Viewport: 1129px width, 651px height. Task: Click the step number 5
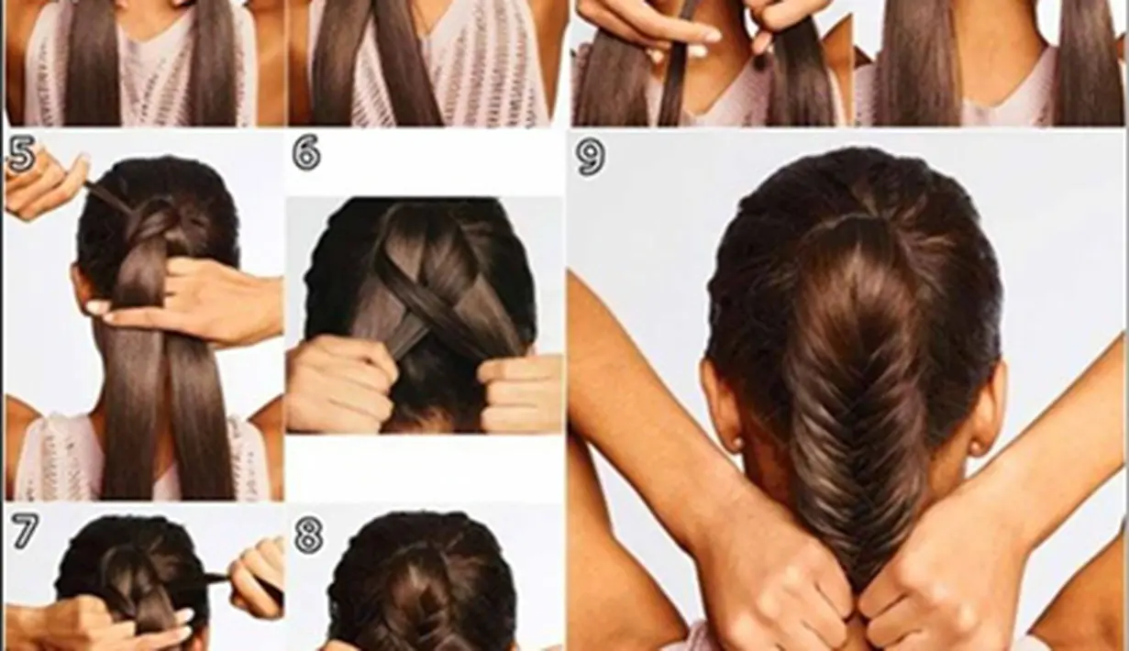point(21,154)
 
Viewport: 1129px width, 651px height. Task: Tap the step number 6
point(306,151)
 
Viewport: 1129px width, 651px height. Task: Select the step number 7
point(25,530)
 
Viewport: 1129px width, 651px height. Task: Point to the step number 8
point(308,535)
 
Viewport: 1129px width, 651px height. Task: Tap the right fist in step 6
point(519,393)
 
